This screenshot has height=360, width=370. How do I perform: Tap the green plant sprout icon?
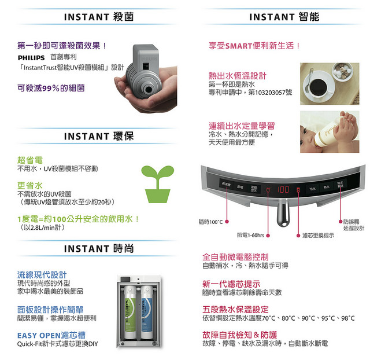coord(158,183)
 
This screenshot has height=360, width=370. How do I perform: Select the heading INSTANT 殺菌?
coord(98,17)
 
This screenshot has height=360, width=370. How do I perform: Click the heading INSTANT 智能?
coord(284,17)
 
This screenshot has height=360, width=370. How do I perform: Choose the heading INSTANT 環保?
coord(98,137)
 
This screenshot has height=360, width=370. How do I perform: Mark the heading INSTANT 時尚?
coord(98,248)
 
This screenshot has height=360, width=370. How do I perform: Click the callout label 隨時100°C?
coord(210,222)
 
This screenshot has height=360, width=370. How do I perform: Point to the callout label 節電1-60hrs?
coord(250,236)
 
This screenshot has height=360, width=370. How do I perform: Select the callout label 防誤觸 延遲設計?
coord(353,225)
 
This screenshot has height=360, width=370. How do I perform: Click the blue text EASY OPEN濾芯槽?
coord(52,335)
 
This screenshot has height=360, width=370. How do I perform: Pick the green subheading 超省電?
coord(29,159)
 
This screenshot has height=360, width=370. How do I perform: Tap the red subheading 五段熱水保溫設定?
coord(235,309)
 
